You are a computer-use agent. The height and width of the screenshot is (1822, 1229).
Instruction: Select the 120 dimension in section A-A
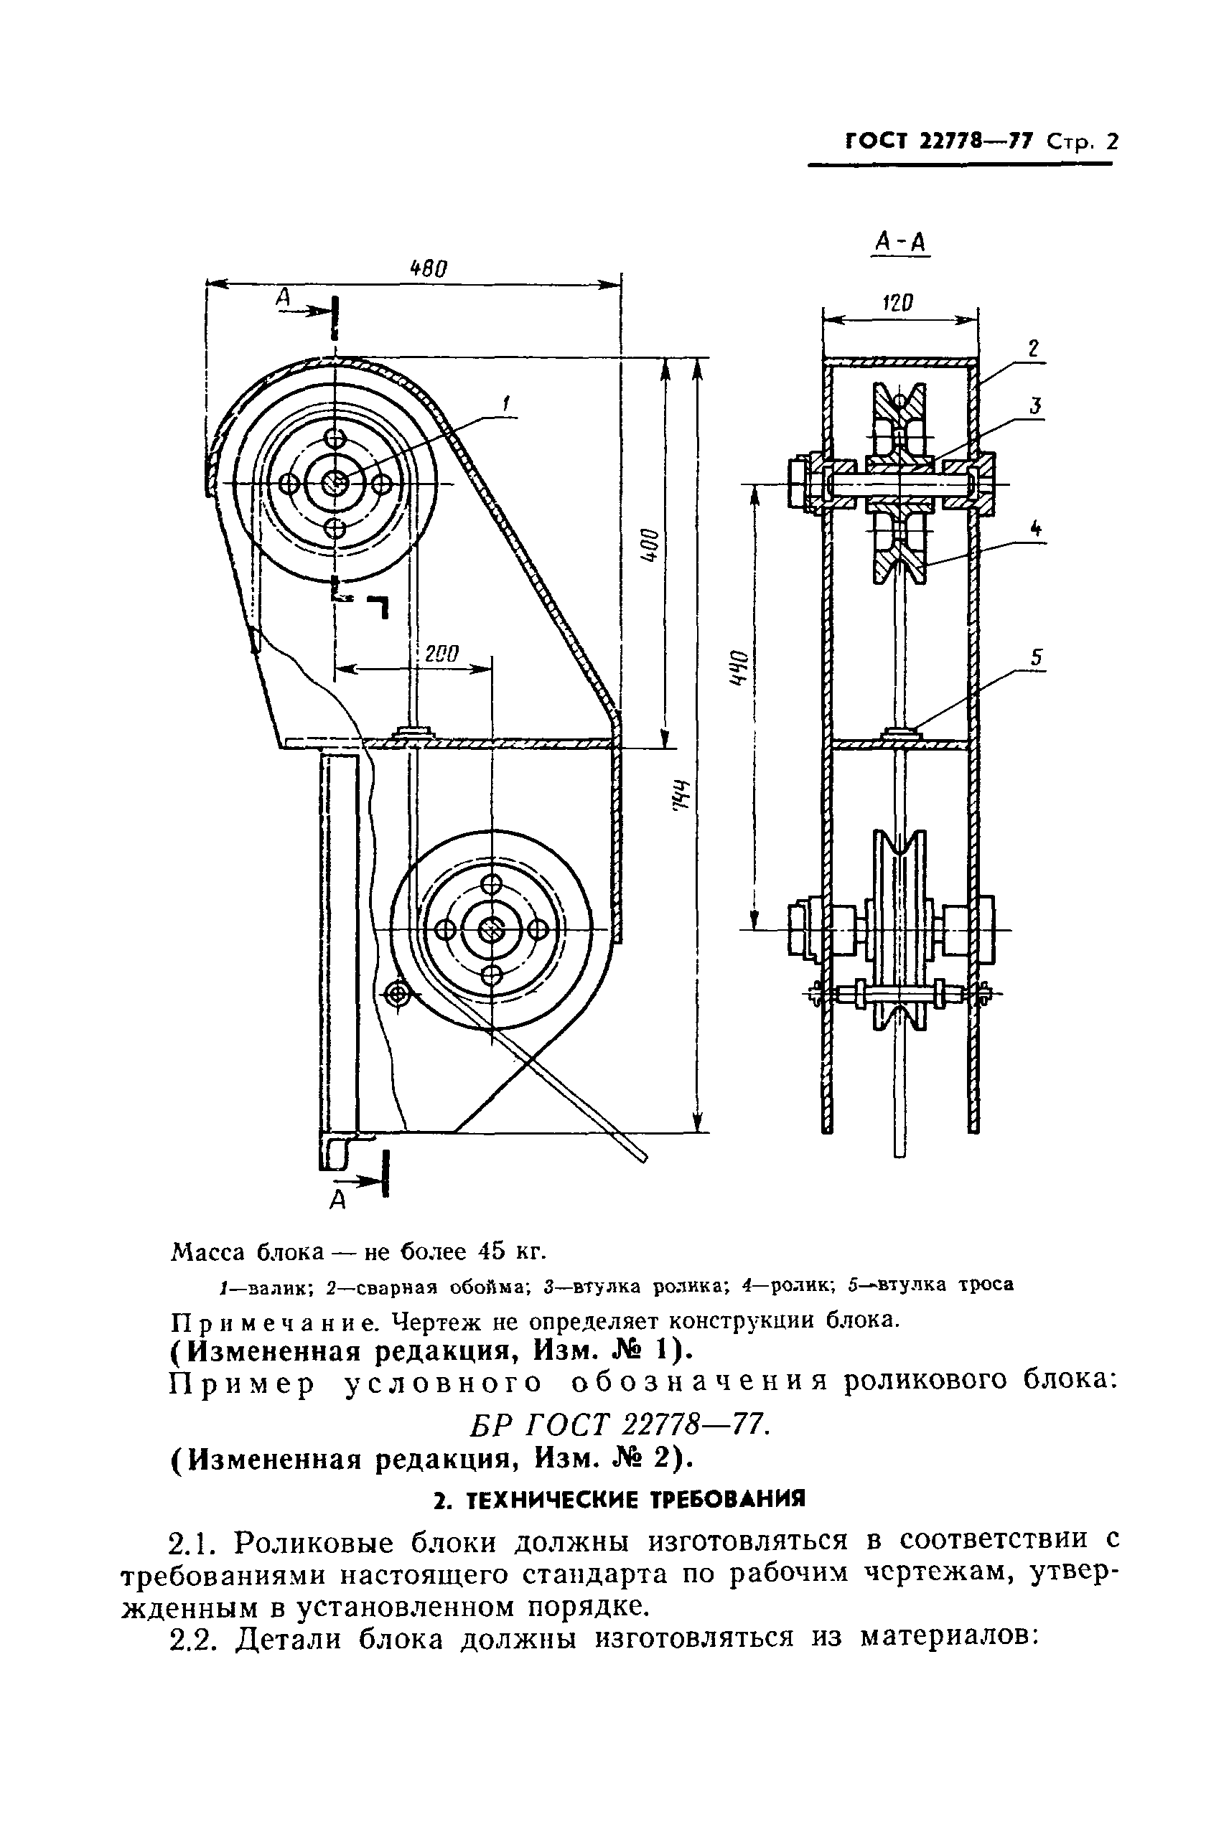pyautogui.click(x=898, y=303)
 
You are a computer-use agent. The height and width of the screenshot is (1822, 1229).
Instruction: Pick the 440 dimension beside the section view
pyautogui.click(x=737, y=667)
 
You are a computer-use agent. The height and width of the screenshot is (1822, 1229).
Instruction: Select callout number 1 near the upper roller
pyautogui.click(x=506, y=404)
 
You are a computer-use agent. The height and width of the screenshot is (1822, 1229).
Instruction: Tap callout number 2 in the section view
pyautogui.click(x=1034, y=349)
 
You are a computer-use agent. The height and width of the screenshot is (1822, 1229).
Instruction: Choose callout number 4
pyautogui.click(x=1036, y=530)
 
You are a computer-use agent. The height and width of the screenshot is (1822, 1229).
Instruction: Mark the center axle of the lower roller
pyautogui.click(x=492, y=930)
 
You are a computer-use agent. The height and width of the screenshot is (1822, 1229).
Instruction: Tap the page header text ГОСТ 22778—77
pyautogui.click(x=940, y=142)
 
